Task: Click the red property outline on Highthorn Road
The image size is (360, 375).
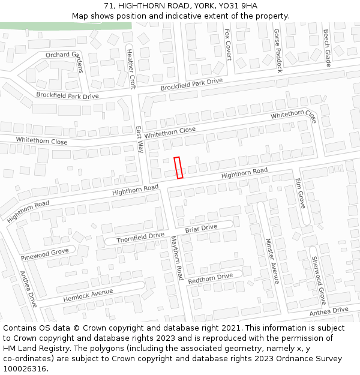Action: [178, 167]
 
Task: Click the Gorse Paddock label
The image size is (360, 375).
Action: [278, 50]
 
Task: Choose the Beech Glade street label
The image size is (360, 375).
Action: [327, 48]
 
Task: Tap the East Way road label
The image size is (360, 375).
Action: [139, 139]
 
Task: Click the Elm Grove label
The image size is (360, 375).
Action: [301, 193]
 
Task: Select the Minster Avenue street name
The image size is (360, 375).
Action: [272, 260]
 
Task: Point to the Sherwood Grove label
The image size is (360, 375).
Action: [317, 280]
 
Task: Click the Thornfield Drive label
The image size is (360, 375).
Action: [140, 238]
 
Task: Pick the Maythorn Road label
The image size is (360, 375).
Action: [176, 258]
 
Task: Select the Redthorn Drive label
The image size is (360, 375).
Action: [210, 278]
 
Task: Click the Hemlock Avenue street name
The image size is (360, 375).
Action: [88, 295]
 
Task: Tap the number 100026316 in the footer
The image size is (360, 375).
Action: [25, 369]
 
